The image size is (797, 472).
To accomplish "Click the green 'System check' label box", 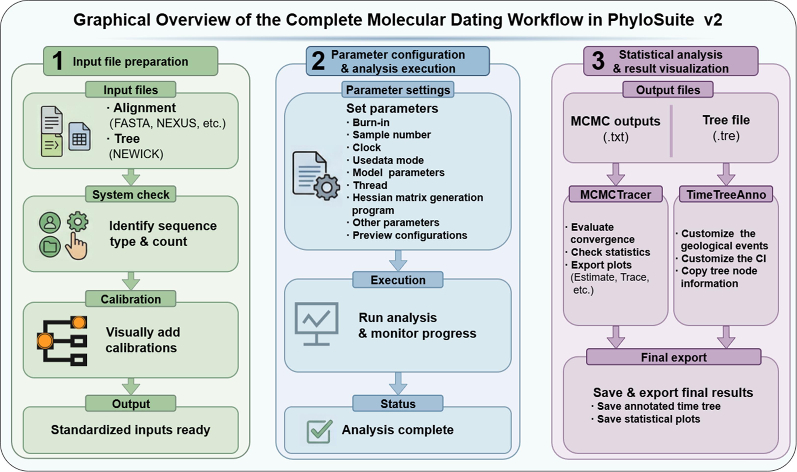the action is point(131,194).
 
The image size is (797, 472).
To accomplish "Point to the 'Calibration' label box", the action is point(131,299).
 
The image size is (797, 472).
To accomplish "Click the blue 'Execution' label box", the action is point(398,280).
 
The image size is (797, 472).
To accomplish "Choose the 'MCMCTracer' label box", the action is point(616,194).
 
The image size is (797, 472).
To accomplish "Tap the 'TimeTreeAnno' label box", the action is point(726,194).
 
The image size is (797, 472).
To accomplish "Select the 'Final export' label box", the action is point(674,357).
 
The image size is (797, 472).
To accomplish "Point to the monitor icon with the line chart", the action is point(317,324).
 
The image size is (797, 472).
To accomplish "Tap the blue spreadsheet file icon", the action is point(80,137).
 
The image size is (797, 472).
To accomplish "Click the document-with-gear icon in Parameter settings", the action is point(316,176).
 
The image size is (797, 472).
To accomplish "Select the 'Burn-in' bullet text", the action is point(371,123).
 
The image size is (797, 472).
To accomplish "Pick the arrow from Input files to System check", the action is point(131,177).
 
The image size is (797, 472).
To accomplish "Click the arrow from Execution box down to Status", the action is point(398,384).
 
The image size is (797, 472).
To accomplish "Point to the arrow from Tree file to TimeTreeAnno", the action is point(726,174).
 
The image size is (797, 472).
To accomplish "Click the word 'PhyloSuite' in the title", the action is point(651,20).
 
